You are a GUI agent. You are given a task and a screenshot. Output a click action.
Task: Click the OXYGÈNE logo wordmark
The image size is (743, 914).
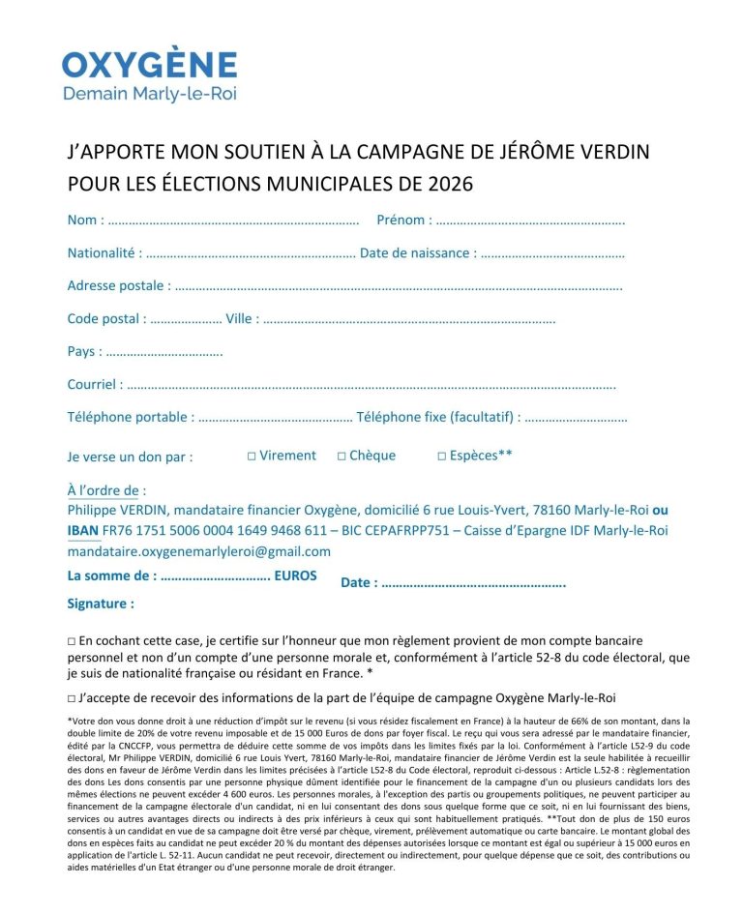150,64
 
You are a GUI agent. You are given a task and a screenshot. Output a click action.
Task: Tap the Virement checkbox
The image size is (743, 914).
252,456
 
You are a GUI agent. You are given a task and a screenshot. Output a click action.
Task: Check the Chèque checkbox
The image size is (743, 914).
342,456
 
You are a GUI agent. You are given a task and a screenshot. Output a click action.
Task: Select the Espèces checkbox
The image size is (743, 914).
441,456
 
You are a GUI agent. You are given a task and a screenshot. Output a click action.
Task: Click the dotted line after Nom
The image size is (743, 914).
233,221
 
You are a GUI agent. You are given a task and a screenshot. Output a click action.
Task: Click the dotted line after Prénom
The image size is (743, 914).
530,221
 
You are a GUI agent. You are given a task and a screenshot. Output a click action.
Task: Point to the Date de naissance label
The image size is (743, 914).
417,253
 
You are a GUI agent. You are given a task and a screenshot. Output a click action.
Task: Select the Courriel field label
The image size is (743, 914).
94,384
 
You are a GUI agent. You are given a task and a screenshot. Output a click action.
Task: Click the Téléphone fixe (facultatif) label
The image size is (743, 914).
438,417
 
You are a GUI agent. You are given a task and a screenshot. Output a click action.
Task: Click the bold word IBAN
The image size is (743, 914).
82,530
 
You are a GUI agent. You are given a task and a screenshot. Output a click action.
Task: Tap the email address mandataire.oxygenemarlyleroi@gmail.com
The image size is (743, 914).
198,551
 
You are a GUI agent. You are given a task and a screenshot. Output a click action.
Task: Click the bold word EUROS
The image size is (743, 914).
295,575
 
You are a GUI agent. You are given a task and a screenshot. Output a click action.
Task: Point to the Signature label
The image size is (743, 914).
100,604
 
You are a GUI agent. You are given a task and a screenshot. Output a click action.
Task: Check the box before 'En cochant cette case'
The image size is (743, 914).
72,641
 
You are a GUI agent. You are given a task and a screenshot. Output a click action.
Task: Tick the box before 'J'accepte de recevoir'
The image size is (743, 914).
72,697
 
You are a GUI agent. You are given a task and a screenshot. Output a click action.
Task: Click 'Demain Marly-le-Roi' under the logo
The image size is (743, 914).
149,94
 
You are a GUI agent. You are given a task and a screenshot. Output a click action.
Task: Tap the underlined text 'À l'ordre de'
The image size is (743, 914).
106,490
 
